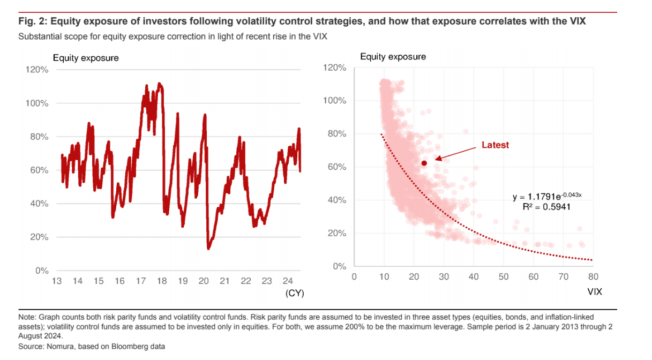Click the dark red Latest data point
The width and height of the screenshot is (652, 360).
424,163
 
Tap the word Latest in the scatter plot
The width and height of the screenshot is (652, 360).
495,145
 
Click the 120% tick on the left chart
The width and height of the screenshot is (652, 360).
38,70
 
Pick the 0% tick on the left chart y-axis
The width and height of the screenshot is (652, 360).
42,271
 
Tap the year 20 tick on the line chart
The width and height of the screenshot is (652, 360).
204,281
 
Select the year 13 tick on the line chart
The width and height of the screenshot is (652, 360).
57,281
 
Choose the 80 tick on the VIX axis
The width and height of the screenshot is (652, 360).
593,276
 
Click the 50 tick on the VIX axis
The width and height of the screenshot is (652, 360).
503,276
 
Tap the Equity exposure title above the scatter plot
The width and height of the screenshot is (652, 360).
393,56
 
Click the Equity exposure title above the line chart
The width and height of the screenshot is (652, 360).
86,58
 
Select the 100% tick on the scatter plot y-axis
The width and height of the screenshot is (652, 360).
336,101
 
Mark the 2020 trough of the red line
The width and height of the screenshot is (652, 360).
208,248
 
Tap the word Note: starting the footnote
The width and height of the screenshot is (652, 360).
27,317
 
